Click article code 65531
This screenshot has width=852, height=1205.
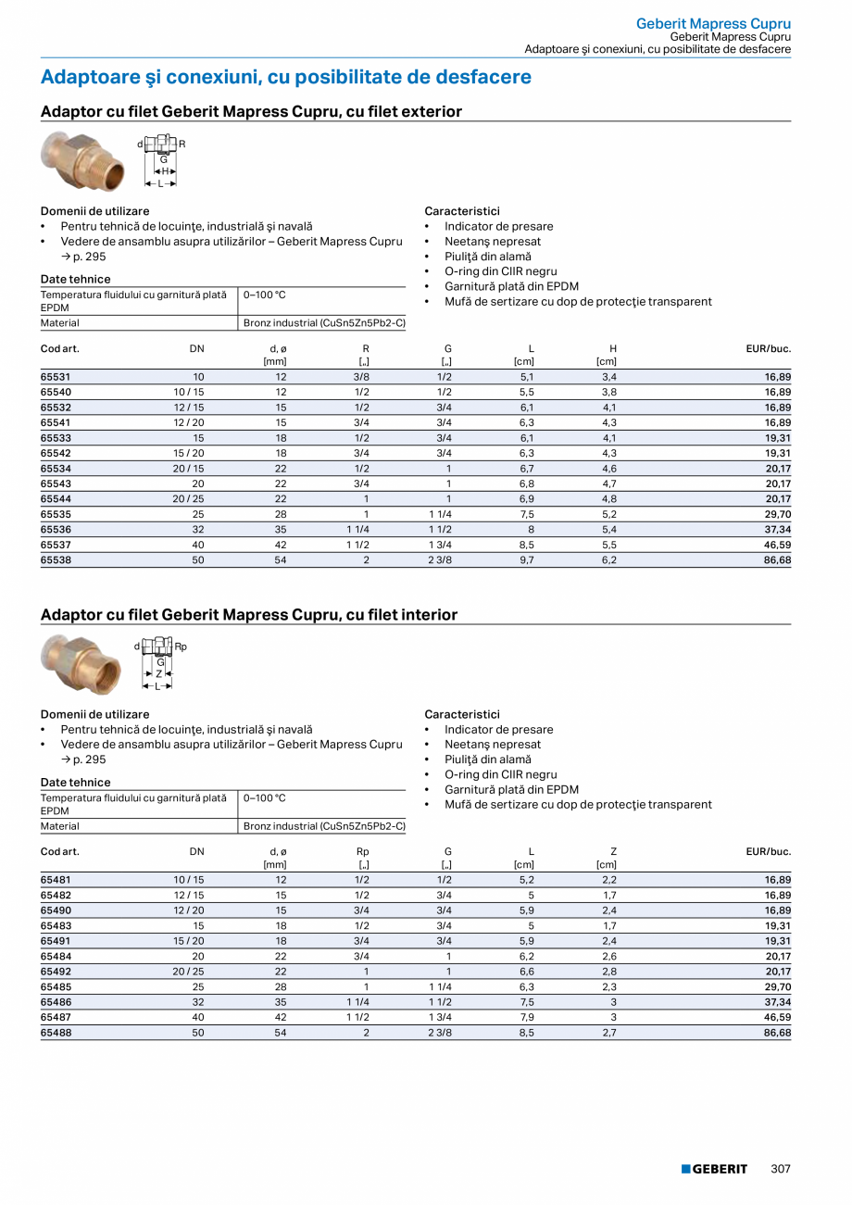point(56,377)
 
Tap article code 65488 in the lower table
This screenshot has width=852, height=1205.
point(56,1033)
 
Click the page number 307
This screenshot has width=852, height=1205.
point(781,1169)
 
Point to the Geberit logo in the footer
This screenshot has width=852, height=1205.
point(714,1169)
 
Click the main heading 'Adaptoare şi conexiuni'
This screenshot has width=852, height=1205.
point(285,77)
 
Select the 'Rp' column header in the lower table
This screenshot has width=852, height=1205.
point(363,851)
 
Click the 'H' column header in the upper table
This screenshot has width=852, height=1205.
point(613,348)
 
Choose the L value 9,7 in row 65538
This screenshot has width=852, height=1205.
point(527,560)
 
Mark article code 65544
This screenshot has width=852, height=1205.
point(56,499)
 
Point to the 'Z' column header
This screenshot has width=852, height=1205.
point(613,851)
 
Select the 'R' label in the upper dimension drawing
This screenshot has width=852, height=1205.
point(182,144)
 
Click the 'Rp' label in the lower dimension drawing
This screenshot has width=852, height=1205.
point(181,646)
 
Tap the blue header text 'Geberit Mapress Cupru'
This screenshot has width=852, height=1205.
point(713,23)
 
